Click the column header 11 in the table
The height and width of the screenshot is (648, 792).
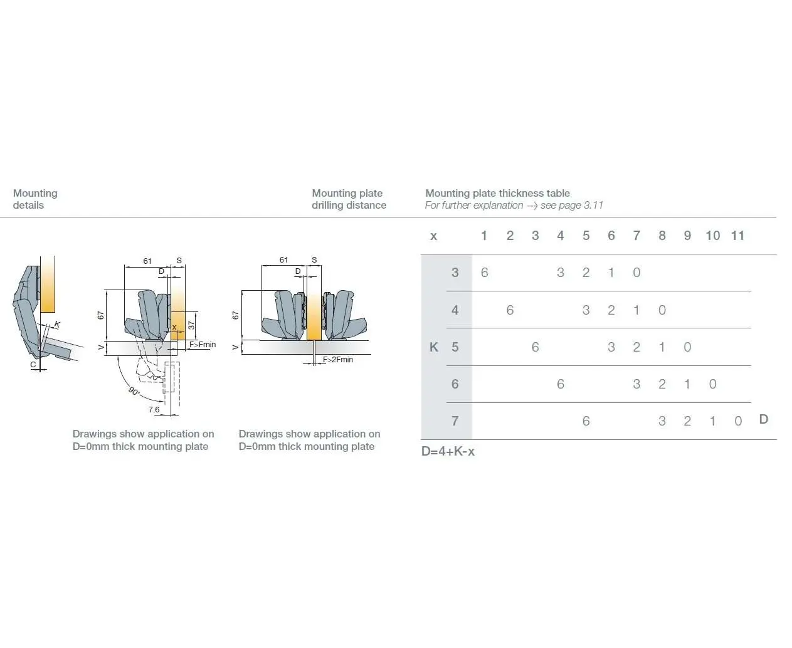tap(737, 236)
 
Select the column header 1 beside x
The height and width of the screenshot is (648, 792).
tap(484, 236)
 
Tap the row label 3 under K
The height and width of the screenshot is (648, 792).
tap(455, 273)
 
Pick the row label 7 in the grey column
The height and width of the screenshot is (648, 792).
tap(455, 421)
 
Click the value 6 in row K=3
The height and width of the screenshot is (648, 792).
tap(485, 273)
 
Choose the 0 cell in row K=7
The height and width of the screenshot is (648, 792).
tap(738, 421)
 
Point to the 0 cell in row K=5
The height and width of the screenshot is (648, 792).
tap(687, 347)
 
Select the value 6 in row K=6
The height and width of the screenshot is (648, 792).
tap(561, 384)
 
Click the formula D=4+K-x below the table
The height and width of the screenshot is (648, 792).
tap(448, 451)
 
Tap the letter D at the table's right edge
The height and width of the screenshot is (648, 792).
tap(763, 419)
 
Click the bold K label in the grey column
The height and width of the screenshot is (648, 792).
tap(434, 347)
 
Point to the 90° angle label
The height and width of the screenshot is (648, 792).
tap(134, 391)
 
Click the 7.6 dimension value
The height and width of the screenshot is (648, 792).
tap(154, 410)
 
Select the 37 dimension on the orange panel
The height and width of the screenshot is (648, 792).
tap(191, 325)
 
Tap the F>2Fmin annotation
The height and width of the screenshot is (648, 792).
tap(338, 360)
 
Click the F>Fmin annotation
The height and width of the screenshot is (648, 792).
tap(203, 345)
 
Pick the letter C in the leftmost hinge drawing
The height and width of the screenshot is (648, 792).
tap(33, 364)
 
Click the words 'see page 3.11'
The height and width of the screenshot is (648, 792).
tap(571, 206)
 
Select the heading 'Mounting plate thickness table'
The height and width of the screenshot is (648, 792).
tap(497, 193)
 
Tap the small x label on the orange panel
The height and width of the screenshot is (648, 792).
tap(174, 327)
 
